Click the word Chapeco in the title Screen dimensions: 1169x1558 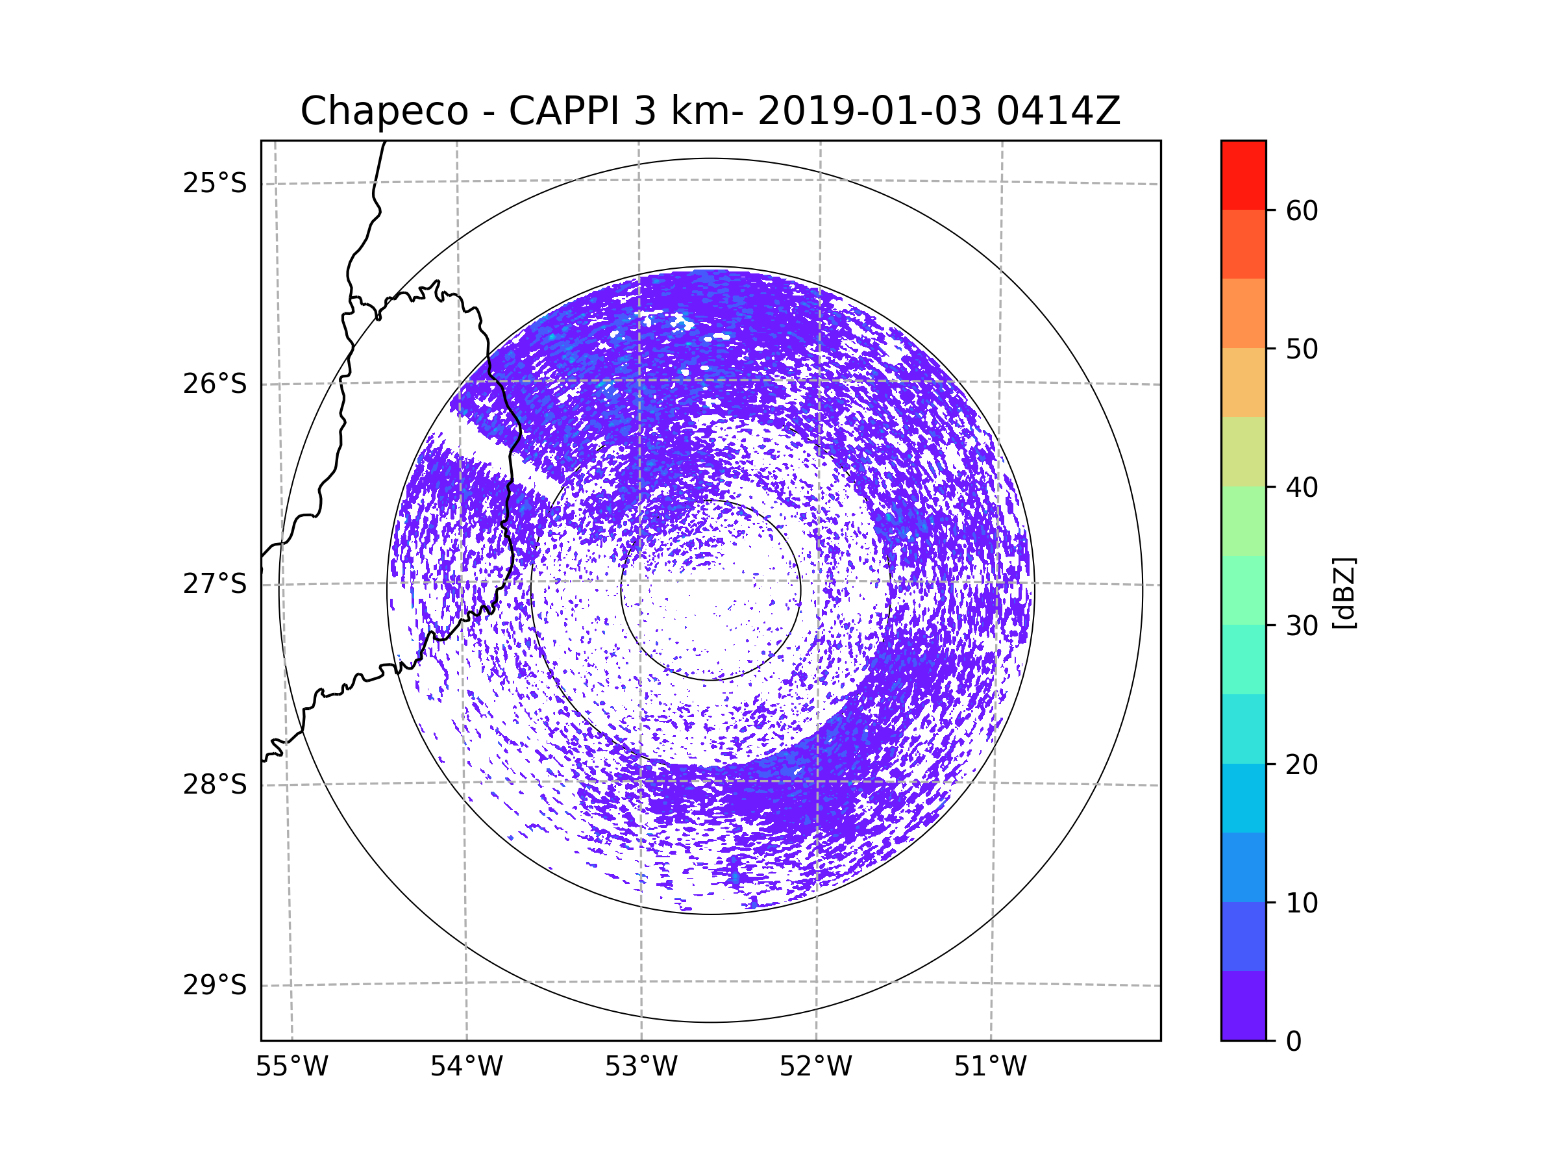tap(384, 111)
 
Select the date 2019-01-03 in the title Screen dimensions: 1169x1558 tap(869, 111)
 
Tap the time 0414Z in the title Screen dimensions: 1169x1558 tap(1058, 111)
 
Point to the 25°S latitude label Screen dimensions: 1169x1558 tap(215, 183)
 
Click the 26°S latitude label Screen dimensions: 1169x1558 tap(215, 384)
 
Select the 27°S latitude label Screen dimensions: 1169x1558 tap(215, 584)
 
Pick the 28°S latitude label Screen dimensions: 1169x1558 tap(215, 785)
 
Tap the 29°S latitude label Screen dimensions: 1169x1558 tap(215, 985)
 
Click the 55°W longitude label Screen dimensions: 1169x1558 tap(291, 1067)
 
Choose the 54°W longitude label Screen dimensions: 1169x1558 tap(466, 1067)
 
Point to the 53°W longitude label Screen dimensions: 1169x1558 tap(641, 1067)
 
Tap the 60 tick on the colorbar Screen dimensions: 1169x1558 tap(1302, 210)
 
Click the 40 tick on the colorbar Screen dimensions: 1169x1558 tap(1302, 488)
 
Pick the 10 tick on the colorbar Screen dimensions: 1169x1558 tap(1302, 903)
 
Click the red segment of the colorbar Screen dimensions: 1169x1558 tap(1243, 175)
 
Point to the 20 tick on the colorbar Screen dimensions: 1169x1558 tap(1302, 764)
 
